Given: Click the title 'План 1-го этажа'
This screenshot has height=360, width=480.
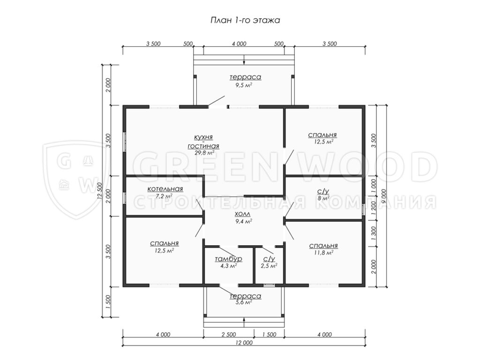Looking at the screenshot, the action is [245, 20].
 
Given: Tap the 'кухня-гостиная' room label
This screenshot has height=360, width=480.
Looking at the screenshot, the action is [203, 142].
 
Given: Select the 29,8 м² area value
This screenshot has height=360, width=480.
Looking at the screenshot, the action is [204, 153].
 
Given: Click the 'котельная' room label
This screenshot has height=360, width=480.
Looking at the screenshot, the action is [165, 189].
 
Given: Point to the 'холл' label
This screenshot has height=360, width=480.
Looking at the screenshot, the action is [242, 214].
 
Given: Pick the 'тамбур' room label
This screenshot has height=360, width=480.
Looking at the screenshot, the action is [228, 259].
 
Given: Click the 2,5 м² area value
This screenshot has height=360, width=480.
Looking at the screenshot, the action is [269, 266].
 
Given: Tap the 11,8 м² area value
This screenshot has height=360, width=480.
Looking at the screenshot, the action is [323, 253].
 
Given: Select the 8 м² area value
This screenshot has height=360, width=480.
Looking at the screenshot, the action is [323, 198].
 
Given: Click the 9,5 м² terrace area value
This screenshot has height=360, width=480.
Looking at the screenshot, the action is [244, 85].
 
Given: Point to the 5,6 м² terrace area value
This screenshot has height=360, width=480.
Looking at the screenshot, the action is [244, 302].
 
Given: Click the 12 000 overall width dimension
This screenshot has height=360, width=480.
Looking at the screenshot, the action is [244, 343].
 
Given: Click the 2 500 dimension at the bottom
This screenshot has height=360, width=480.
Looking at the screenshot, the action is [229, 335].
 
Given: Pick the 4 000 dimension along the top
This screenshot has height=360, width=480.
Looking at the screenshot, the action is [239, 44].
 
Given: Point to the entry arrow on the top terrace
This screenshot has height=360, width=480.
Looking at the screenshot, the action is [244, 60].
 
